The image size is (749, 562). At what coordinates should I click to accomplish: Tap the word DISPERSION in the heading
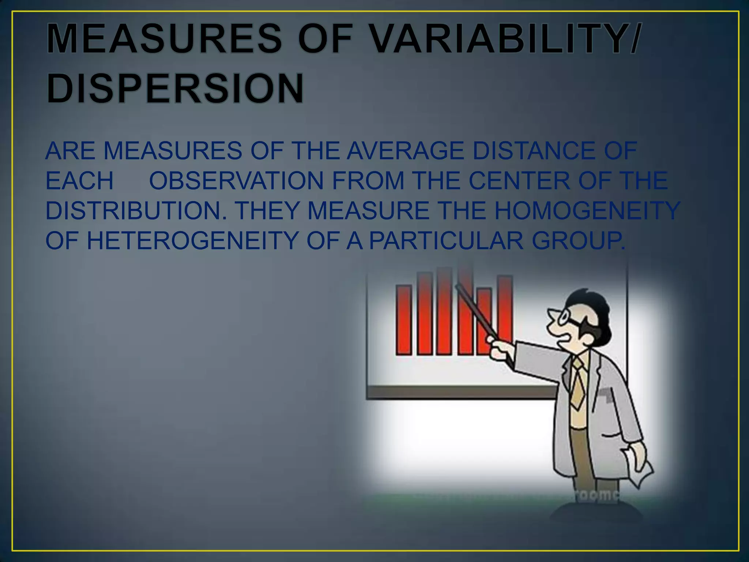coord(175,89)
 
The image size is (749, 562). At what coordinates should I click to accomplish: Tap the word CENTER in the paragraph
coord(519,181)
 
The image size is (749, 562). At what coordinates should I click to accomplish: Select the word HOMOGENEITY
coord(587,211)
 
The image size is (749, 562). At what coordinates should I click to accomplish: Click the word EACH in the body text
coord(79,181)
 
